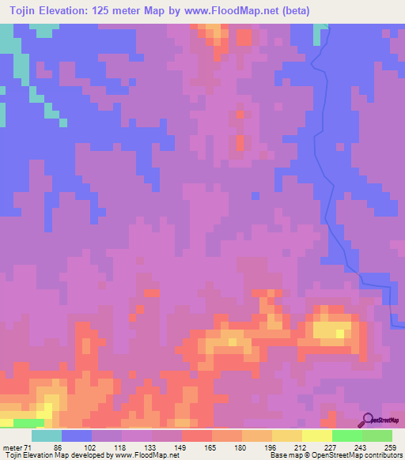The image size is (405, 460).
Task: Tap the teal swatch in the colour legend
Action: (47, 436)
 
